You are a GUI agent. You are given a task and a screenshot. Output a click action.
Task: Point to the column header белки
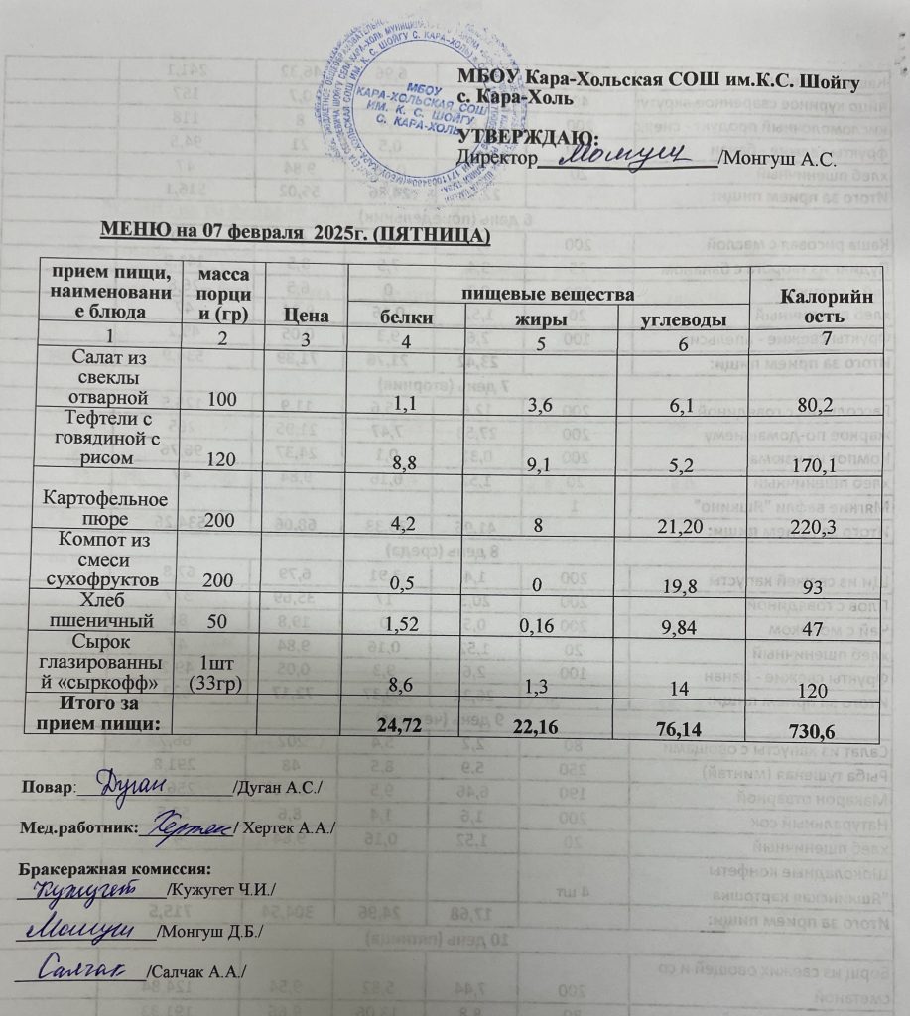click(x=407, y=318)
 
